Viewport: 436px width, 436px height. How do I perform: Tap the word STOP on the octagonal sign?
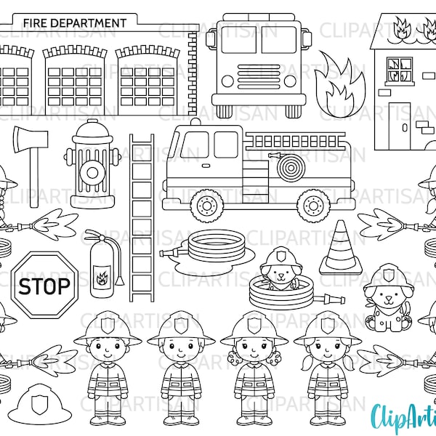point(45,284)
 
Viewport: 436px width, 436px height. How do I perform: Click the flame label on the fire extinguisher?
point(102,275)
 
